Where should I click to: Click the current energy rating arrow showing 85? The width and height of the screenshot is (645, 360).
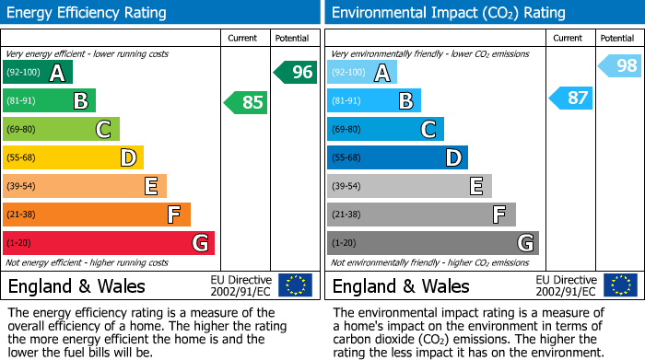point(247,102)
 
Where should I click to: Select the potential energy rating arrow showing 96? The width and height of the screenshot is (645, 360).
point(296,72)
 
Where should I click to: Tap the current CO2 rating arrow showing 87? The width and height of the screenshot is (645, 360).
point(571,98)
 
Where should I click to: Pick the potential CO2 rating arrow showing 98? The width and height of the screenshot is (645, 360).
point(620,65)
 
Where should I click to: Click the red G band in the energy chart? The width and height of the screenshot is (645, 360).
point(108,243)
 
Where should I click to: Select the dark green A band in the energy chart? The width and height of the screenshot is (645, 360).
point(37,72)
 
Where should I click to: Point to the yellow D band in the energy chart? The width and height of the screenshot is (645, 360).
point(73,157)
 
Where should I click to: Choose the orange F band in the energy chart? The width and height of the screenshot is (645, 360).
point(96,215)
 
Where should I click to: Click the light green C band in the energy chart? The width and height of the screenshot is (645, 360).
point(61,129)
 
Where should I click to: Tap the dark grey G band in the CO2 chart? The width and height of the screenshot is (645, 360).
point(432,243)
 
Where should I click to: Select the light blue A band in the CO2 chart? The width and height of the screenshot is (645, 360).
point(361,72)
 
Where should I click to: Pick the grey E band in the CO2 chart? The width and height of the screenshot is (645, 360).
point(409,186)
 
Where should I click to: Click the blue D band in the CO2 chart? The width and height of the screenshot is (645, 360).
point(397,157)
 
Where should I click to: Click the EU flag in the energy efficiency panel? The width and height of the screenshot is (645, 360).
point(295,285)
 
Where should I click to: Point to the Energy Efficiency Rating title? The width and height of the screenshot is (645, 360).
point(88,13)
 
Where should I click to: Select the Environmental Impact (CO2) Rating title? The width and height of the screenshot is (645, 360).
point(448,13)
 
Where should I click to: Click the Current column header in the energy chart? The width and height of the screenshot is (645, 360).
point(244,38)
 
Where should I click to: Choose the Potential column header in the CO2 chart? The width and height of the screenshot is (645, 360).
point(616,38)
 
